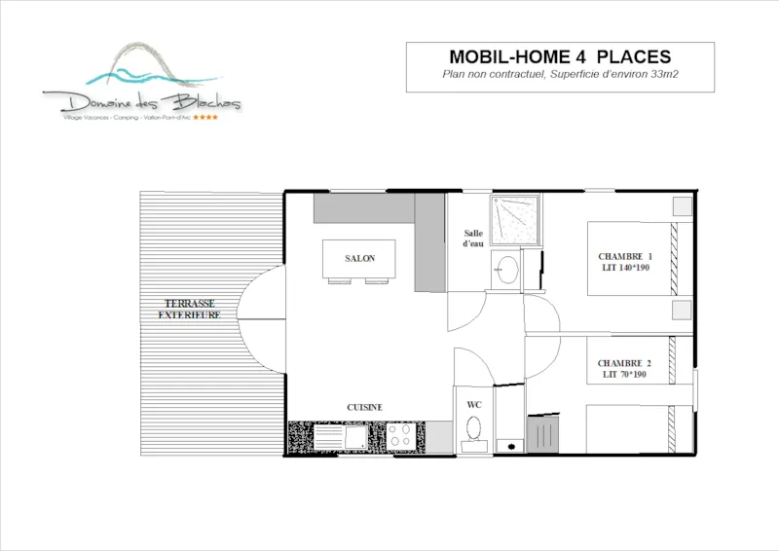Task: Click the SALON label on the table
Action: tap(359, 258)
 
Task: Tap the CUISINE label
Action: tap(365, 407)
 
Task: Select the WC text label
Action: tap(474, 403)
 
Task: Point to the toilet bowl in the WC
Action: tap(474, 428)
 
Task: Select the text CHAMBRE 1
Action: tap(624, 256)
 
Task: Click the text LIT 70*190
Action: tap(624, 374)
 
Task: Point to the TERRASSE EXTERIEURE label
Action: tap(191, 310)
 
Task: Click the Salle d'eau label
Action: tap(473, 239)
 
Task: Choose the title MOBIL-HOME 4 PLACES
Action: tap(560, 56)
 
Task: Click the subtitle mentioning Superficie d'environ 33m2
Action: tap(560, 75)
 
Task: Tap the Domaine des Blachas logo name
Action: tap(141, 101)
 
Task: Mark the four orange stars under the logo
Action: tap(205, 118)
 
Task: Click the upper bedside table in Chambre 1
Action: tap(683, 206)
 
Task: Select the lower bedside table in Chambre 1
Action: tap(683, 311)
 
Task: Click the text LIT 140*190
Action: tap(624, 267)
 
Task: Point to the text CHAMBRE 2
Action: tap(624, 363)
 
